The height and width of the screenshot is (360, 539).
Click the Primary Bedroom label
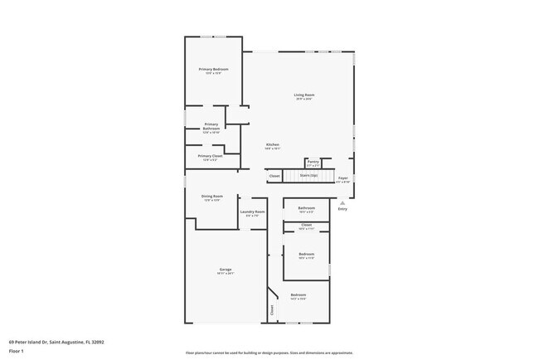click(213, 69)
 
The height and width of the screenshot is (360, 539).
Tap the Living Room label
click(303, 95)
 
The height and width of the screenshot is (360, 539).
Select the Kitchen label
click(272, 145)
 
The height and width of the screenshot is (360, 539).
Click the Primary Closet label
click(210, 156)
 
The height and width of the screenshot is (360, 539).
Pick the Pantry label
click(313, 162)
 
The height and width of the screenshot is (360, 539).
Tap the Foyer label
click(342, 178)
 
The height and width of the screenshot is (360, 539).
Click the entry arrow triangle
click(342, 202)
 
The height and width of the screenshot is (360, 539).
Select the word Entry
click(342, 208)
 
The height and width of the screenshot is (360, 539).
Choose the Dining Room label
click(212, 197)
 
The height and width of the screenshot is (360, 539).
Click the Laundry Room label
click(252, 212)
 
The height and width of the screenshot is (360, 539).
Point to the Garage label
click(226, 270)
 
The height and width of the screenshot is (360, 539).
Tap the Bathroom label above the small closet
click(306, 207)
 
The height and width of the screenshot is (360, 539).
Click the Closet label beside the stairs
click(274, 176)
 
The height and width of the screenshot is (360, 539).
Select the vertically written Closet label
click(272, 310)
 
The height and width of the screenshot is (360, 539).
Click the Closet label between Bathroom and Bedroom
click(306, 225)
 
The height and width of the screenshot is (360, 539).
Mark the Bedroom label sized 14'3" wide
click(298, 295)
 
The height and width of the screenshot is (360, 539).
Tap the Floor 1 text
click(17, 350)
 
